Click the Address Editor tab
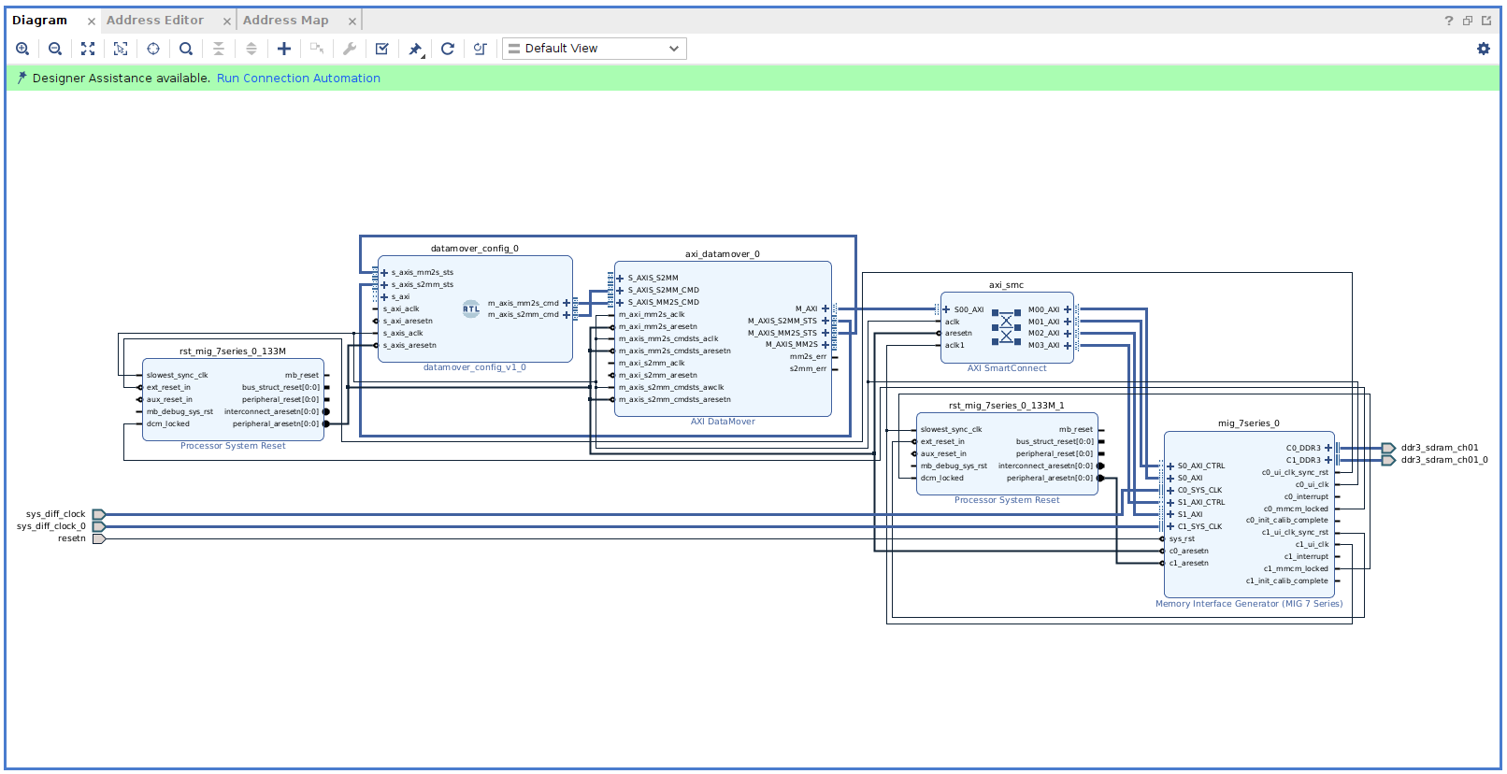coord(154,20)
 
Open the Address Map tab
coord(285,20)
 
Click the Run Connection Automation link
coord(298,79)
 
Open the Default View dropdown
coord(594,49)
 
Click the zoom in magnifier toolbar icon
coord(22,49)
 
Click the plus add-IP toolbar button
coord(284,49)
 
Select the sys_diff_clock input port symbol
coord(99,514)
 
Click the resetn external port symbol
coord(99,538)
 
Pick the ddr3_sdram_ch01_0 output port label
coord(1443,460)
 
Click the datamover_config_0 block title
coord(474,249)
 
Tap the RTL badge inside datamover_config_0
coord(471,308)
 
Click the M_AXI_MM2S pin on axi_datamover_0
coord(792,344)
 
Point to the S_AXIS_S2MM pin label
coord(653,278)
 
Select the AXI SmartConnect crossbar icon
coord(1006,327)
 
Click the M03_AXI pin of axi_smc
coord(1044,345)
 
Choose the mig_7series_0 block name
coord(1248,423)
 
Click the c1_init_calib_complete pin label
coord(1286,580)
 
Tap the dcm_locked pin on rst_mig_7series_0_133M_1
coord(941,478)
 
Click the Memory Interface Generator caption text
coord(1248,604)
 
